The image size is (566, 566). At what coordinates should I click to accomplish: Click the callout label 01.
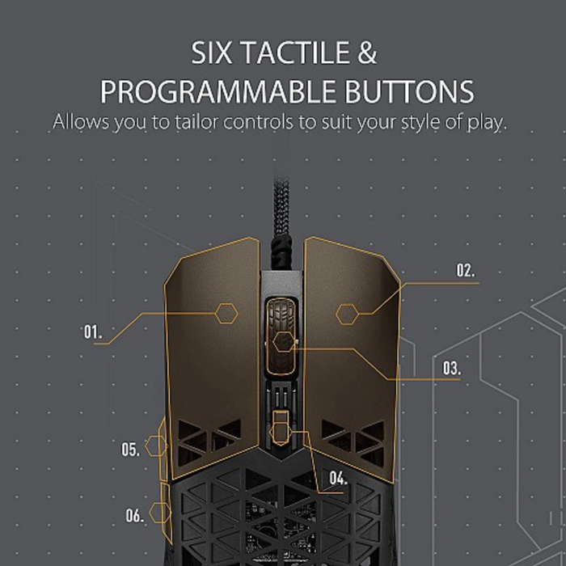(93, 332)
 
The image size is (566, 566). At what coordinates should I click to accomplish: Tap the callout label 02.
(466, 270)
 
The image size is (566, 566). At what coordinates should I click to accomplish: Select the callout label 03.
(451, 368)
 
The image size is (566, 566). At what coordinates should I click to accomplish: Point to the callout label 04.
(338, 479)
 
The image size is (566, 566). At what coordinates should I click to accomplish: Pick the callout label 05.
(130, 450)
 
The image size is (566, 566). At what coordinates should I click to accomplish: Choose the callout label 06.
(134, 515)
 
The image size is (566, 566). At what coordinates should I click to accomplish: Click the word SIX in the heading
(212, 53)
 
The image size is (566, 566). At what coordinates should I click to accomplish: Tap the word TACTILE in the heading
(296, 53)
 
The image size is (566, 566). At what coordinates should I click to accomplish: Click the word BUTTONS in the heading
(409, 92)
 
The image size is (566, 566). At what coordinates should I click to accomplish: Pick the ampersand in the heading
(367, 53)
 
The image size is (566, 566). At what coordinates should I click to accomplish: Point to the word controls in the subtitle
(258, 122)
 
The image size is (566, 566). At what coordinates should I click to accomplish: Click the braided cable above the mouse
(281, 222)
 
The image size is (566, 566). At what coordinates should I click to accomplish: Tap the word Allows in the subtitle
(81, 122)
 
